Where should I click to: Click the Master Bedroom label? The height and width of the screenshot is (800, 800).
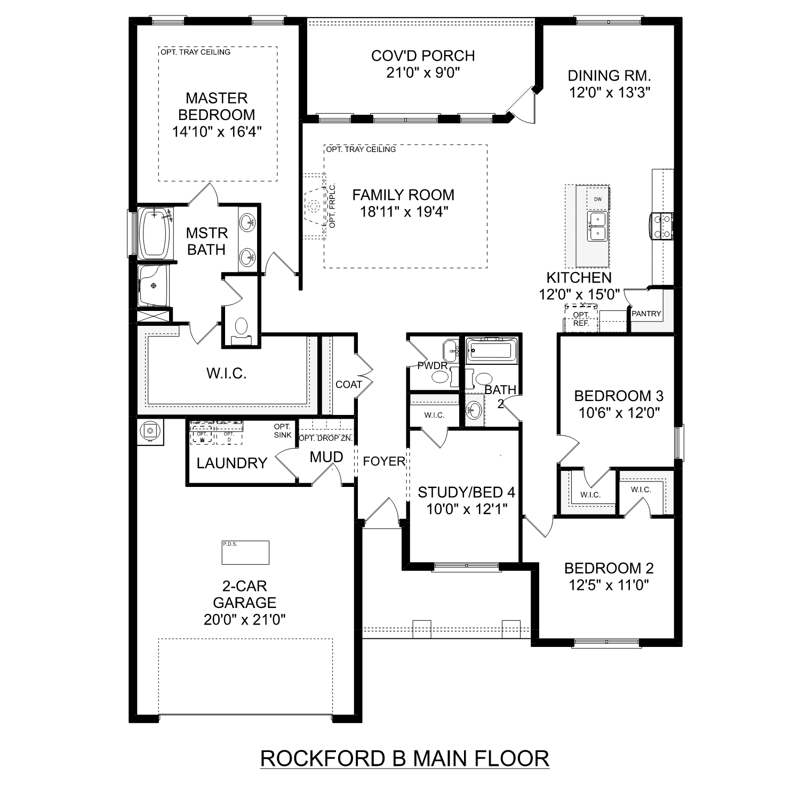pyautogui.click(x=217, y=106)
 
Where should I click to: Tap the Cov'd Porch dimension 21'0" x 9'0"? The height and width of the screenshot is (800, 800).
pyautogui.click(x=423, y=73)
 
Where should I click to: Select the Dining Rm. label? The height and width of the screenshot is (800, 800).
pyautogui.click(x=609, y=76)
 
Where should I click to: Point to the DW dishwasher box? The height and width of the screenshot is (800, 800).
pyautogui.click(x=598, y=199)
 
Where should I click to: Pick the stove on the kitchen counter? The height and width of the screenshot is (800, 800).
pyautogui.click(x=661, y=226)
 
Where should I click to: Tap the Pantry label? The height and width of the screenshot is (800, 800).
pyautogui.click(x=646, y=314)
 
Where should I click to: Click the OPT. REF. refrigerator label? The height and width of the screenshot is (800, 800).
pyautogui.click(x=581, y=319)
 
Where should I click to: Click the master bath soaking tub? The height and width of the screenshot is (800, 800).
pyautogui.click(x=154, y=233)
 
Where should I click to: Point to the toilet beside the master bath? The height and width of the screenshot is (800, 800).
pyautogui.click(x=242, y=328)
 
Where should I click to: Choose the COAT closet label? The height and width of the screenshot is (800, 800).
pyautogui.click(x=349, y=385)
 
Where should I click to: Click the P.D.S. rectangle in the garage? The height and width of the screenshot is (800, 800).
pyautogui.click(x=245, y=553)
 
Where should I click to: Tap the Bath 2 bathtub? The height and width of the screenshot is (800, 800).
pyautogui.click(x=491, y=350)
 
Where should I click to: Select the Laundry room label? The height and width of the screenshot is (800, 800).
pyautogui.click(x=231, y=463)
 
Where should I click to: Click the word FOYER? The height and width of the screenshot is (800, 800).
pyautogui.click(x=384, y=461)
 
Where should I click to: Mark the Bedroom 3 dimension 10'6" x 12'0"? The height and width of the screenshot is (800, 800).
pyautogui.click(x=619, y=412)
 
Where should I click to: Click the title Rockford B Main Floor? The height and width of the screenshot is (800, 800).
pyautogui.click(x=404, y=758)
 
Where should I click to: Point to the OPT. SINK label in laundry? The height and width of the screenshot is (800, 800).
pyautogui.click(x=282, y=430)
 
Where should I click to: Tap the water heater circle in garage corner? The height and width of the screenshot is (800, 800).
pyautogui.click(x=150, y=431)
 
